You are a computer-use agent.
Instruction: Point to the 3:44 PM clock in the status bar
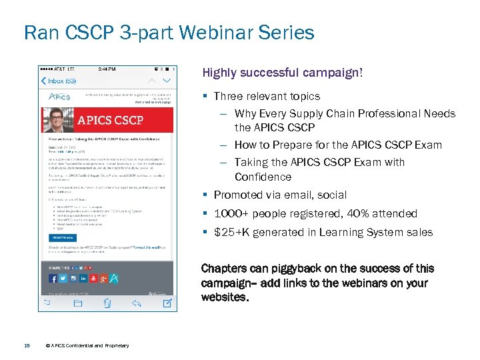pos(107,69)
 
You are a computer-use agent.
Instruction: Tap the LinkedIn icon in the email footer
pos(83,278)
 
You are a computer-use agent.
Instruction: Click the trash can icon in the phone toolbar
pos(107,304)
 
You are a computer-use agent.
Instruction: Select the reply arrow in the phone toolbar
pos(137,304)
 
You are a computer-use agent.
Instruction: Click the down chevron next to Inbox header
pos(167,81)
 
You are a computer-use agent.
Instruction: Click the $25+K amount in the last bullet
pos(231,232)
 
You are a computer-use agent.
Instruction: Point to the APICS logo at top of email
pos(59,97)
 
